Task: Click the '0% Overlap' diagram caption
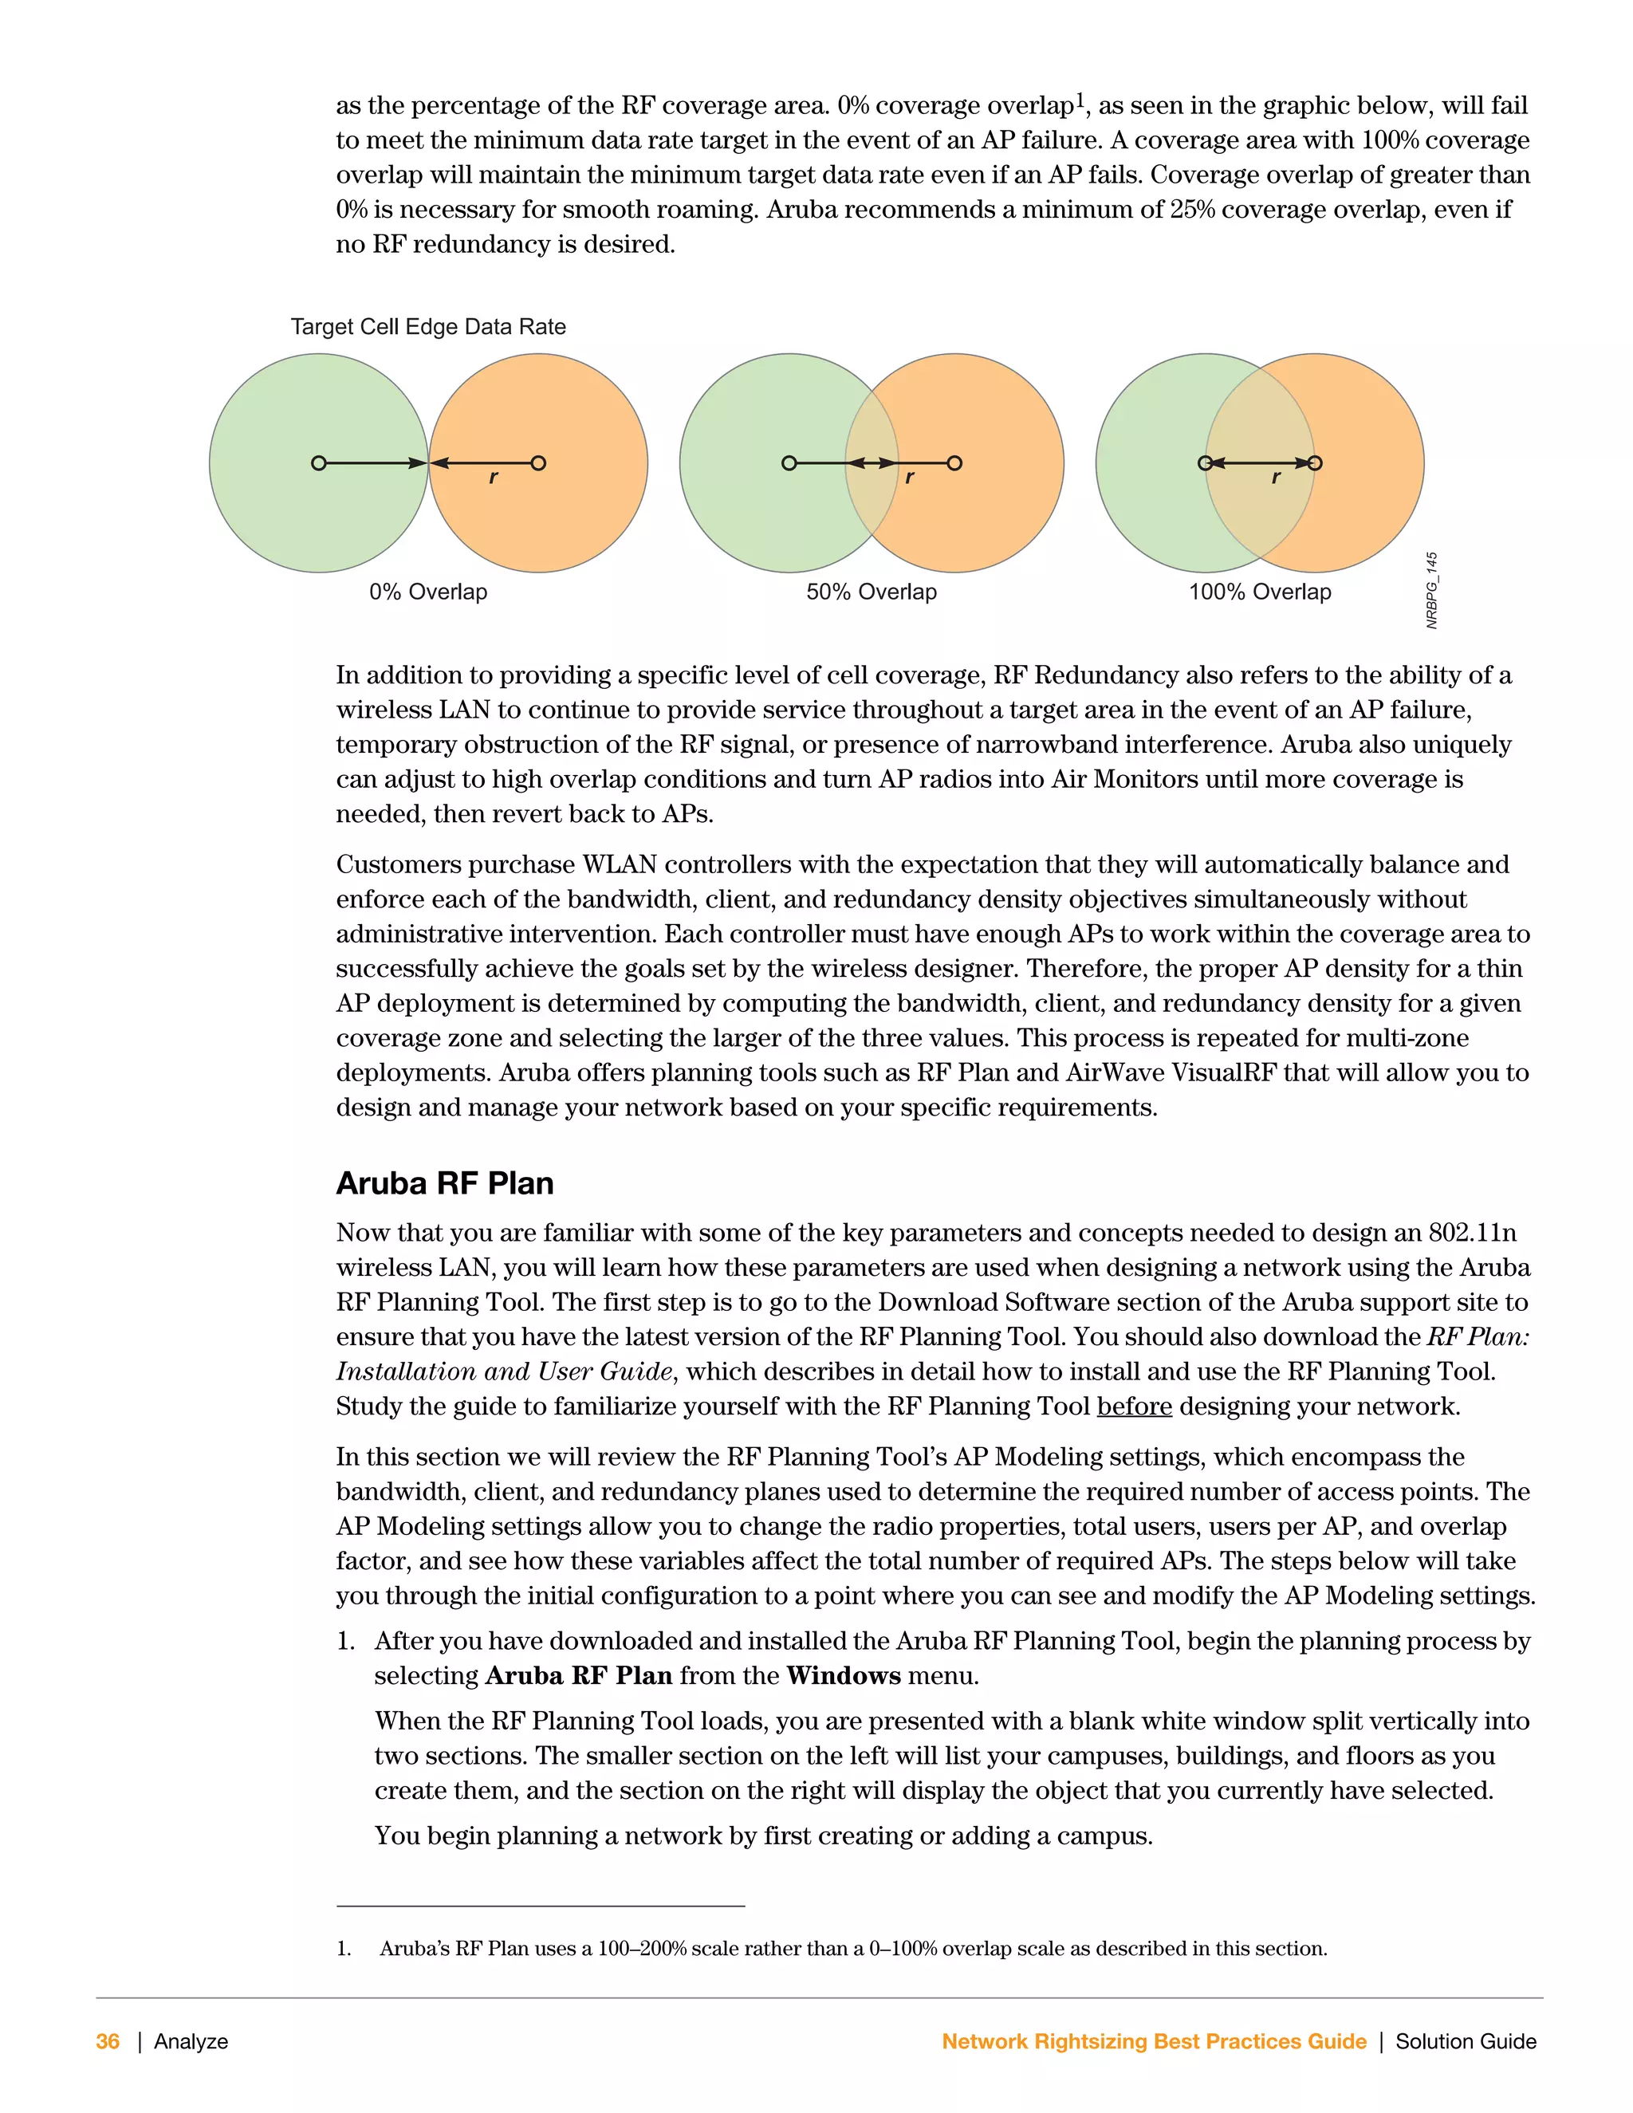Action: pos(427,592)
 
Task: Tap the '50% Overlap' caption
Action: pos(872,592)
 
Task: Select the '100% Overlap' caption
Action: pos(1260,592)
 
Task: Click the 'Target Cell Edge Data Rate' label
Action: pos(427,327)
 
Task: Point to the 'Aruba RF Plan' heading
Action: pos(444,1183)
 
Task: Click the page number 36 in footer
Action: pos(108,2041)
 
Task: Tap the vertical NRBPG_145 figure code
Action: pos(1432,590)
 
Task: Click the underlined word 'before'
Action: pos(1134,1406)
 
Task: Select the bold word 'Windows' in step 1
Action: pos(844,1676)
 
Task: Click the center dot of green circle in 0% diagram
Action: pos(318,463)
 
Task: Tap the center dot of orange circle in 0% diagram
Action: pos(539,463)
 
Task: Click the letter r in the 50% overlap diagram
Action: pos(909,478)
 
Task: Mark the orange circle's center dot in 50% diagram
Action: pos(954,463)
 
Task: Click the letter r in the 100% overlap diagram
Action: pos(1276,478)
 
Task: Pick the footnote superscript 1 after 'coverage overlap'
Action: pos(1080,99)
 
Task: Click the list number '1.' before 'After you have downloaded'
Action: pos(345,1641)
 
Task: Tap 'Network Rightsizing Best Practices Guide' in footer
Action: pos(1153,2041)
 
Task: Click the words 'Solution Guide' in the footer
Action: pos(1466,2041)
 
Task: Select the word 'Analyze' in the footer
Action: pos(191,2041)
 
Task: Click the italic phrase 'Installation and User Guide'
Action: pos(504,1372)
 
